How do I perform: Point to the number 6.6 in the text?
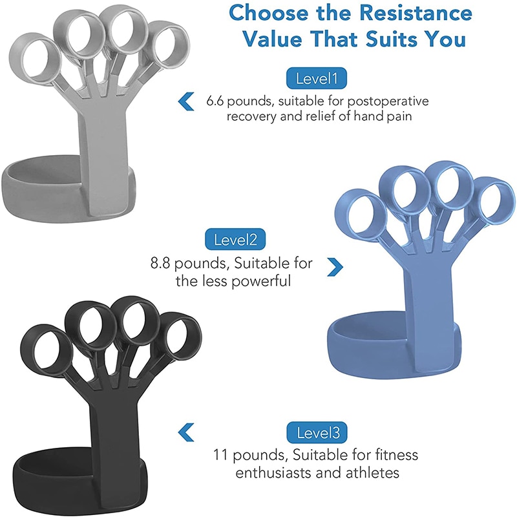[217, 101]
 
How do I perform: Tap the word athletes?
[368, 473]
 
